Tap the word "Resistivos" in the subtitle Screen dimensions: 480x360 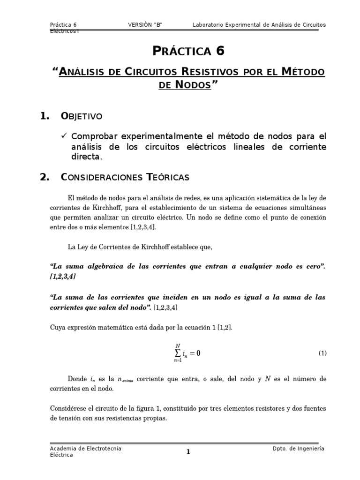[206, 72]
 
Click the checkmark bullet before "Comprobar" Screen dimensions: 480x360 [65, 136]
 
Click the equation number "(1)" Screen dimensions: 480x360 [322, 353]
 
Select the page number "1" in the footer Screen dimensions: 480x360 [188, 452]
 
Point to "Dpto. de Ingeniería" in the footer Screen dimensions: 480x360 [298, 449]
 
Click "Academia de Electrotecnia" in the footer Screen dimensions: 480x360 [86, 449]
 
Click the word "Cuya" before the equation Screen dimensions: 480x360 [58, 328]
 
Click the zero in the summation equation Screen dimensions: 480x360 [198, 354]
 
